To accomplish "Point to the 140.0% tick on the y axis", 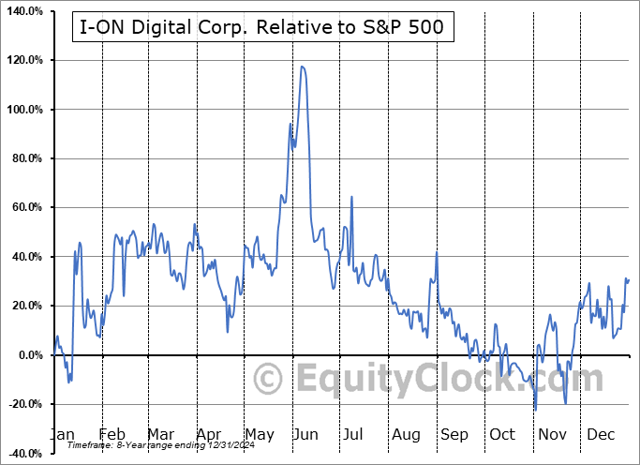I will [x=22, y=11].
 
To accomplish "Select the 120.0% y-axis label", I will [x=22, y=60].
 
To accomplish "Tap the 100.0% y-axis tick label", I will [x=22, y=110].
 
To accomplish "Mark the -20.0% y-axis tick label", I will [x=22, y=404].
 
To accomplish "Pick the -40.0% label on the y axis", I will [x=22, y=454].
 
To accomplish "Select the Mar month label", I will [x=159, y=435].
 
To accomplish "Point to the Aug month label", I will [x=406, y=435].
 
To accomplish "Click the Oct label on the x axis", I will [x=502, y=435].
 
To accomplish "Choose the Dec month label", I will [x=601, y=435].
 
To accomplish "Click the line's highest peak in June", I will [x=302, y=67].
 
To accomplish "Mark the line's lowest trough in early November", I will [x=535, y=410].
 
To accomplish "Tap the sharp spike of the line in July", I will [x=351, y=197].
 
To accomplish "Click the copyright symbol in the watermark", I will [x=269, y=380].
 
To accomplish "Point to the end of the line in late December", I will [x=628, y=280].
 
